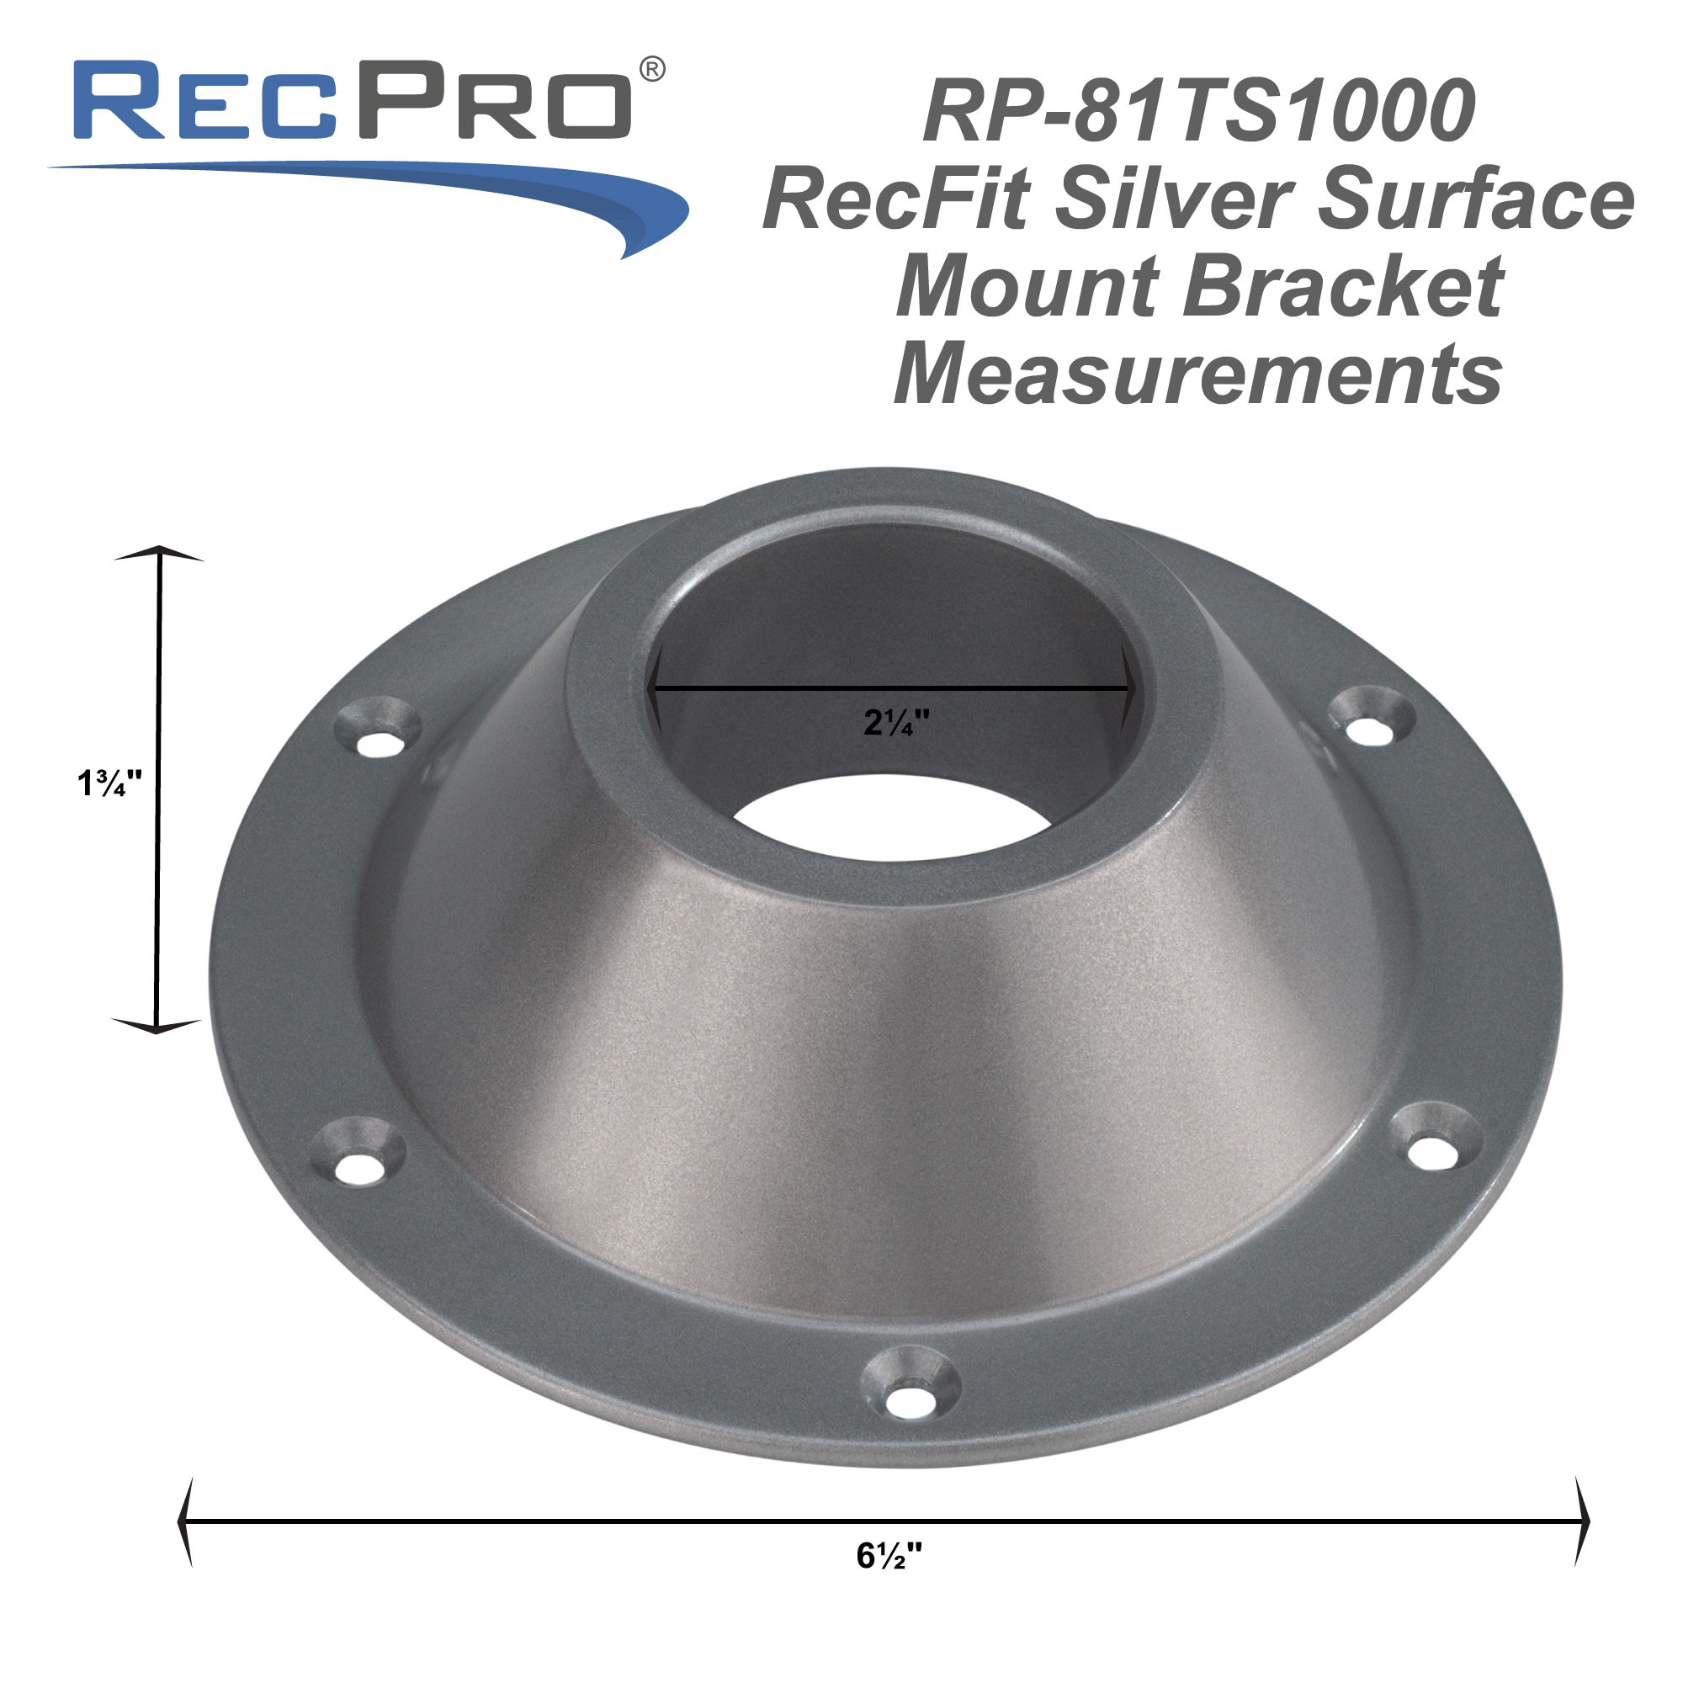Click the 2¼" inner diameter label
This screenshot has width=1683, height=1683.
click(896, 722)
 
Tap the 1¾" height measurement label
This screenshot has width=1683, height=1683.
click(109, 783)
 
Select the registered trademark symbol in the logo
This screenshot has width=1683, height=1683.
click(652, 70)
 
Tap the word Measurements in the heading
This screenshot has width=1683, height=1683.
click(1198, 374)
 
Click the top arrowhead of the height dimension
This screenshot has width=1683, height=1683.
click(159, 554)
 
